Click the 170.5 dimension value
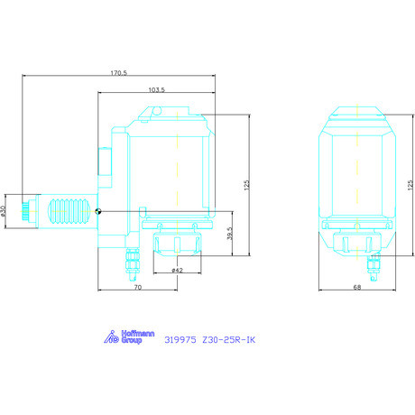point(119,73)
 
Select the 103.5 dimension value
point(157,89)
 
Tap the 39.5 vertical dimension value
point(230,234)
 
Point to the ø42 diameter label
point(177,271)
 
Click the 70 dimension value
point(138,287)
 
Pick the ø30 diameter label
point(4,211)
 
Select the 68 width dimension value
point(357,287)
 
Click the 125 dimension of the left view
point(247,185)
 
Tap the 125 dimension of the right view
point(410,185)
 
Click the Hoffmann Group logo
point(129,337)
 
